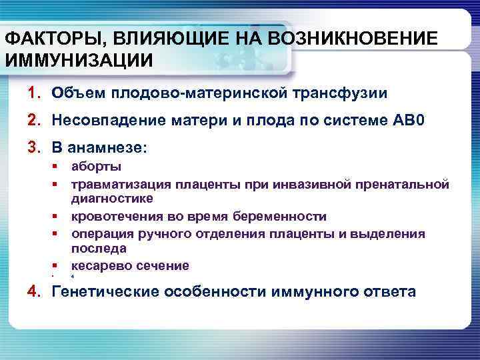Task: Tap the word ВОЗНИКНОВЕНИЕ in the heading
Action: pos(353,39)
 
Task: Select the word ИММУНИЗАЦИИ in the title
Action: pos(79,61)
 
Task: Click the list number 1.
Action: pos(33,93)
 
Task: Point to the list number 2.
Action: pos(33,121)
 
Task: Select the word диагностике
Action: pos(112,198)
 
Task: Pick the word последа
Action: pos(99,248)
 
